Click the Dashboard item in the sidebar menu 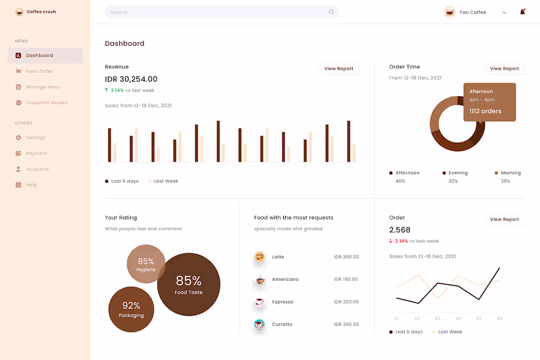[39, 55]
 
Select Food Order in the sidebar [39, 71]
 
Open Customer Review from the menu [47, 103]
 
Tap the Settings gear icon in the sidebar [19, 138]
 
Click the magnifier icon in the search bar [331, 12]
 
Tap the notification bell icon [522, 12]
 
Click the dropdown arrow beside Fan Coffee [504, 13]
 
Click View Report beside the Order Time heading [504, 69]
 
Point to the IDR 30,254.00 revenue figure [131, 79]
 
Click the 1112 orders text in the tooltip [485, 111]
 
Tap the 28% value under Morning [506, 181]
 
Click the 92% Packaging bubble [131, 309]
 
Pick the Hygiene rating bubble [146, 264]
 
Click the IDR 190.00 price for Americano [346, 279]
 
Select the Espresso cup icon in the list [260, 302]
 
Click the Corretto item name [282, 325]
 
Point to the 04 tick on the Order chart [458, 319]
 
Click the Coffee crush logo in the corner [19, 12]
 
